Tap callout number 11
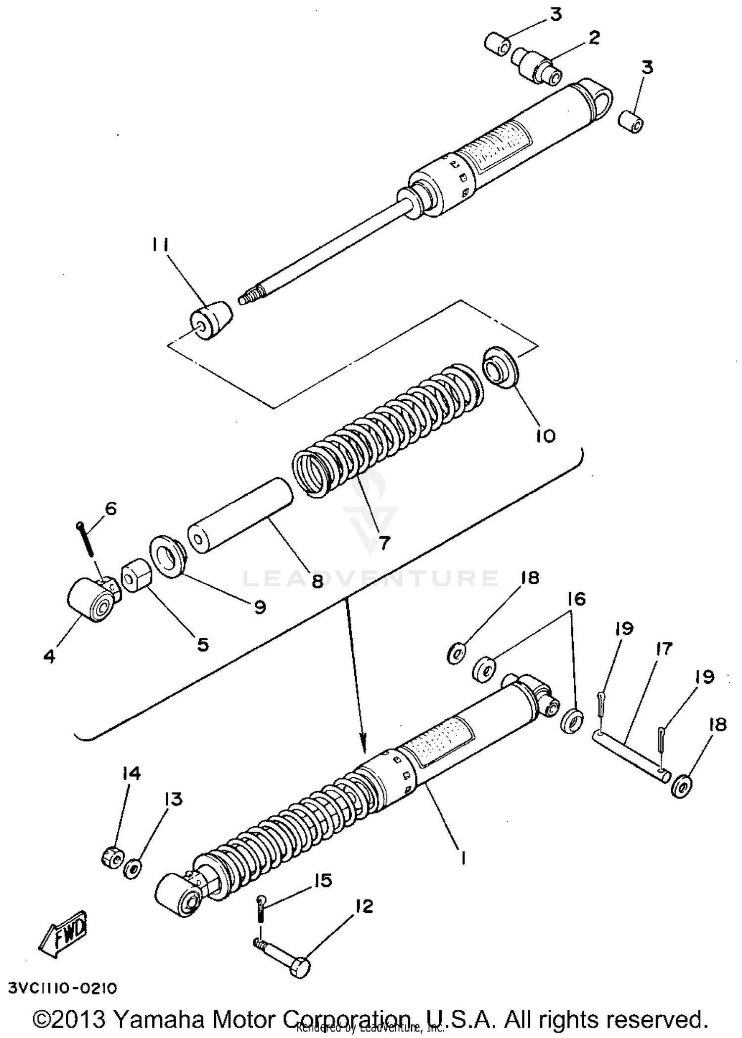[x=161, y=246]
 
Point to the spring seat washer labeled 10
[x=500, y=369]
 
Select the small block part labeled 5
[x=135, y=575]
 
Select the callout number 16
[x=576, y=599]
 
